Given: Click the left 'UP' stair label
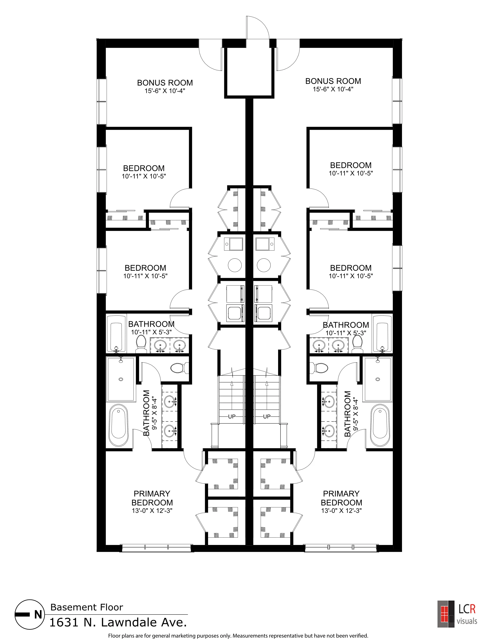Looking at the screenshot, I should [x=232, y=417].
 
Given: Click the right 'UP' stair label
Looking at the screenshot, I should [x=267, y=417].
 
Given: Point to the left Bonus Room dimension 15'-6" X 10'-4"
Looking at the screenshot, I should [x=165, y=91].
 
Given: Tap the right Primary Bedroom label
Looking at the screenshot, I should [x=341, y=498].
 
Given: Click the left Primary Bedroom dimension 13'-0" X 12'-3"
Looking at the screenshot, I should [x=152, y=511].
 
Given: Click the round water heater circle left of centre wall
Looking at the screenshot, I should [x=235, y=265].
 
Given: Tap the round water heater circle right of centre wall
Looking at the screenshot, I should [x=264, y=265].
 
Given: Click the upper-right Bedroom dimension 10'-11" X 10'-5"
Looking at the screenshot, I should [x=351, y=173].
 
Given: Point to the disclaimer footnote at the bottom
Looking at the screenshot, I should [x=238, y=636].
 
